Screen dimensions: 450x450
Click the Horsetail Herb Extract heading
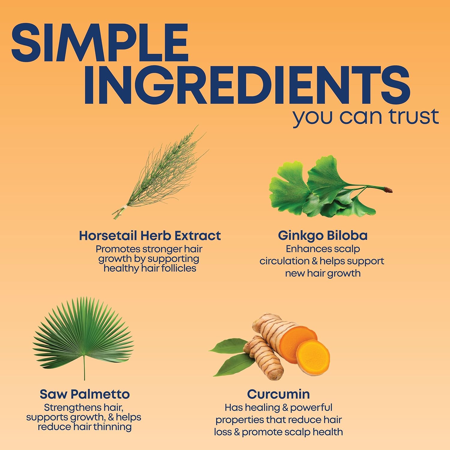point(150,236)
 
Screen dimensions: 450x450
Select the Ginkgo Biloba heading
point(322,235)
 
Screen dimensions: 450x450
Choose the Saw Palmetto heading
point(85,394)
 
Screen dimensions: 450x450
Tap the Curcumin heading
point(278,394)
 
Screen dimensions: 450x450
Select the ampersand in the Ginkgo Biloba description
point(315,261)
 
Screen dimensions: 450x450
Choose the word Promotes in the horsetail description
point(118,249)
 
